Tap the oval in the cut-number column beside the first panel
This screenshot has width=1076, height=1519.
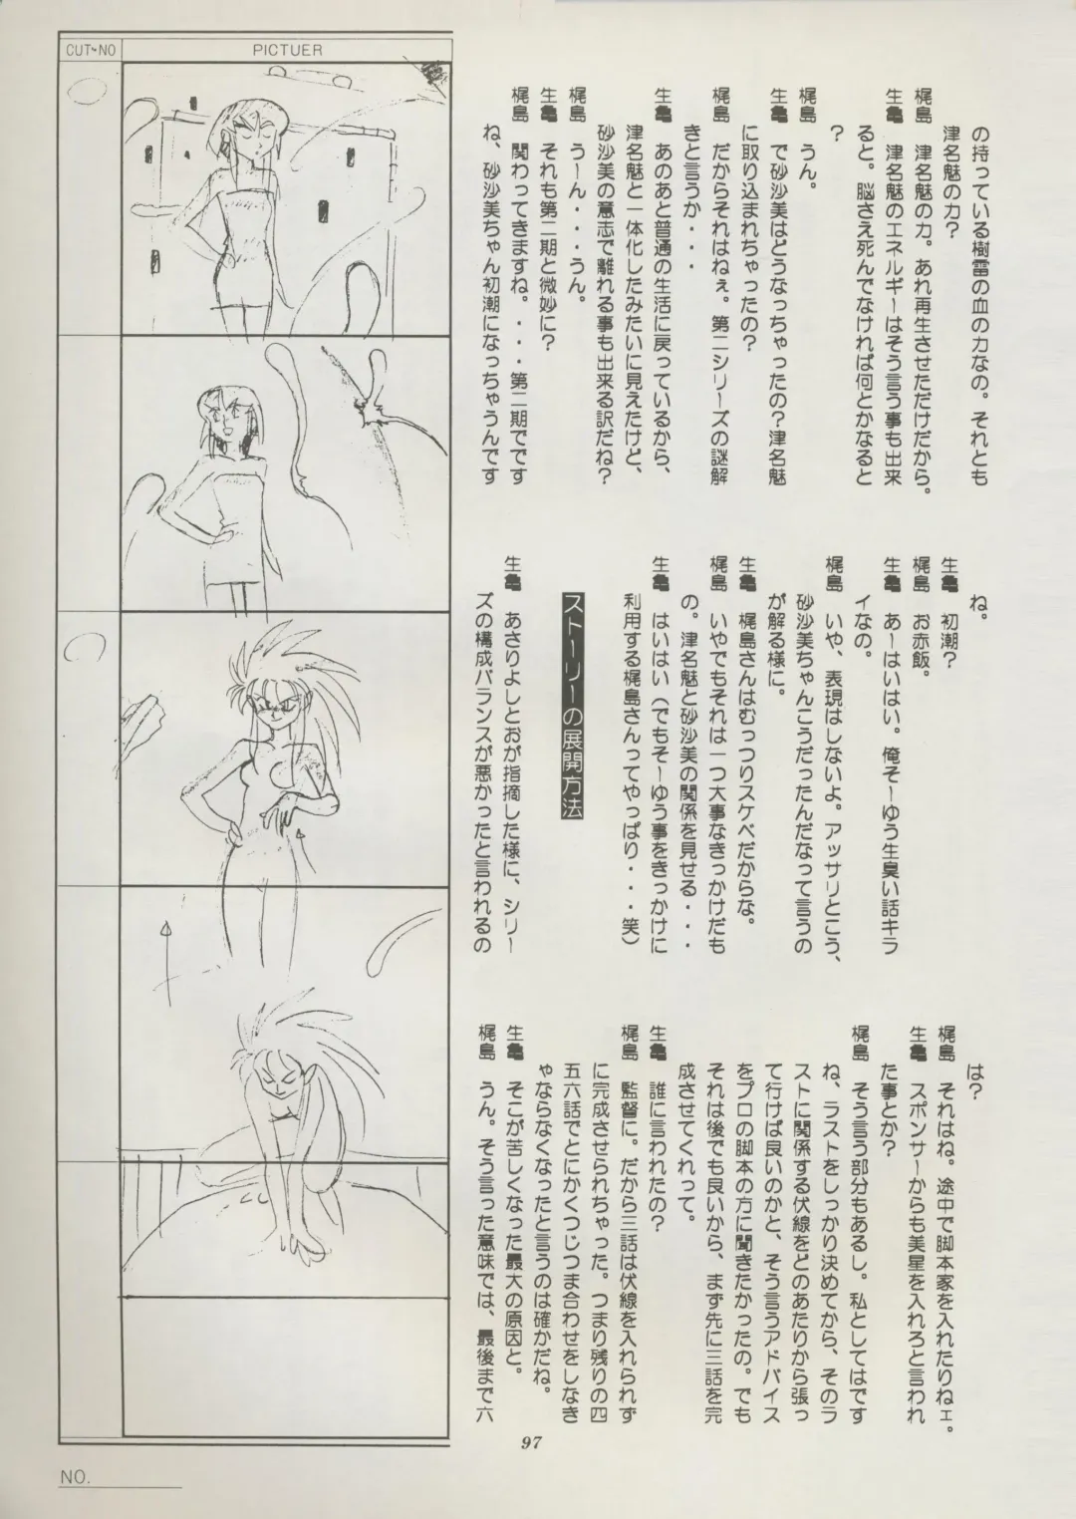[x=85, y=93]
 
